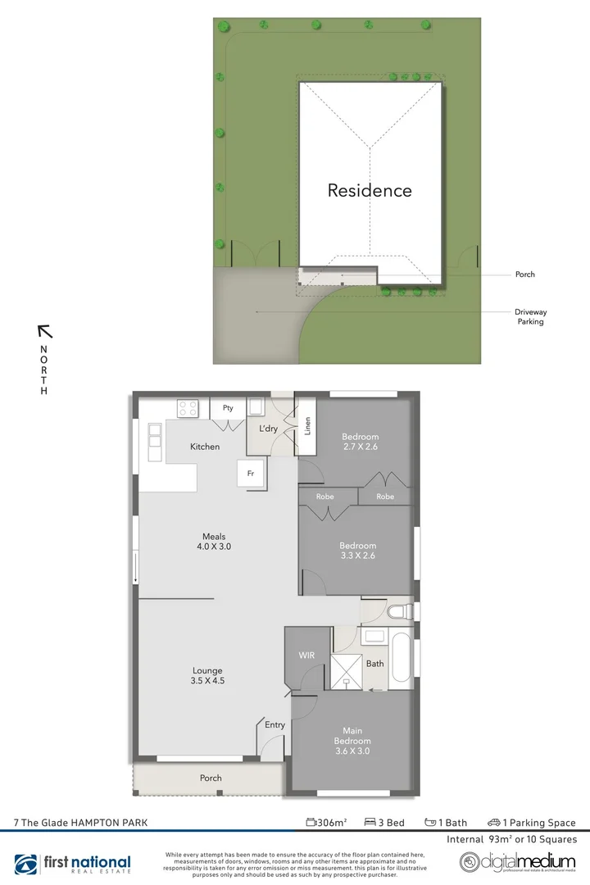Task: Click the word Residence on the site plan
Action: pyautogui.click(x=370, y=190)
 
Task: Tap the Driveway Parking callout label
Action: pyautogui.click(x=530, y=317)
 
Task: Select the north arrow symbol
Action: pyautogui.click(x=45, y=331)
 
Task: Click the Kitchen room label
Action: pyautogui.click(x=205, y=447)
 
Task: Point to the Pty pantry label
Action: pyautogui.click(x=228, y=407)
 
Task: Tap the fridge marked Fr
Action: pyautogui.click(x=251, y=474)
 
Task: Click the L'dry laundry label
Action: pyautogui.click(x=269, y=429)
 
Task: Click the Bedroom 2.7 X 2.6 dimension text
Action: pyautogui.click(x=360, y=442)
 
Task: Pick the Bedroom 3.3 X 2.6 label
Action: pyautogui.click(x=357, y=551)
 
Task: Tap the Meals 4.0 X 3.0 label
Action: pyautogui.click(x=214, y=542)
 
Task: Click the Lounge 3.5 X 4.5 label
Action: pyautogui.click(x=207, y=675)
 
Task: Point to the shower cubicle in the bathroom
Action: pyautogui.click(x=347, y=669)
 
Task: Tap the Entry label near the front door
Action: pyautogui.click(x=275, y=724)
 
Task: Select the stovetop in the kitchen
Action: pyautogui.click(x=188, y=406)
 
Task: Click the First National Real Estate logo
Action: pyautogui.click(x=74, y=864)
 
